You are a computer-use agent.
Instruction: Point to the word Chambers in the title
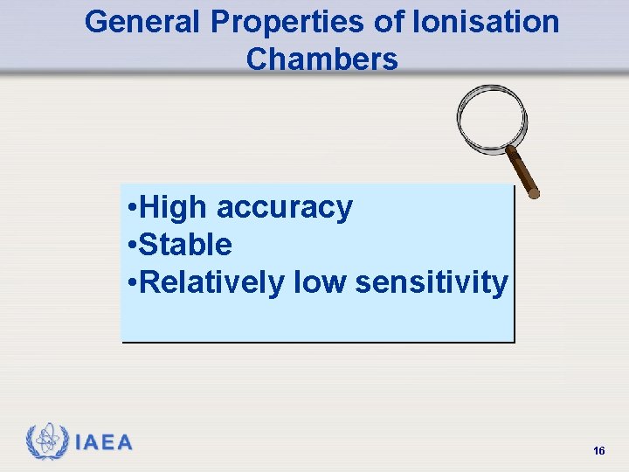click(x=321, y=59)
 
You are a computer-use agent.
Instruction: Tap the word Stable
click(x=185, y=245)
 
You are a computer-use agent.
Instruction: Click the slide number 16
click(x=598, y=450)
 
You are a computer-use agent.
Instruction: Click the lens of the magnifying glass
click(x=492, y=118)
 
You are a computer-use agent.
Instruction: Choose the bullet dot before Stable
click(x=129, y=246)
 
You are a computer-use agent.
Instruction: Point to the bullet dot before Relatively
click(x=129, y=283)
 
